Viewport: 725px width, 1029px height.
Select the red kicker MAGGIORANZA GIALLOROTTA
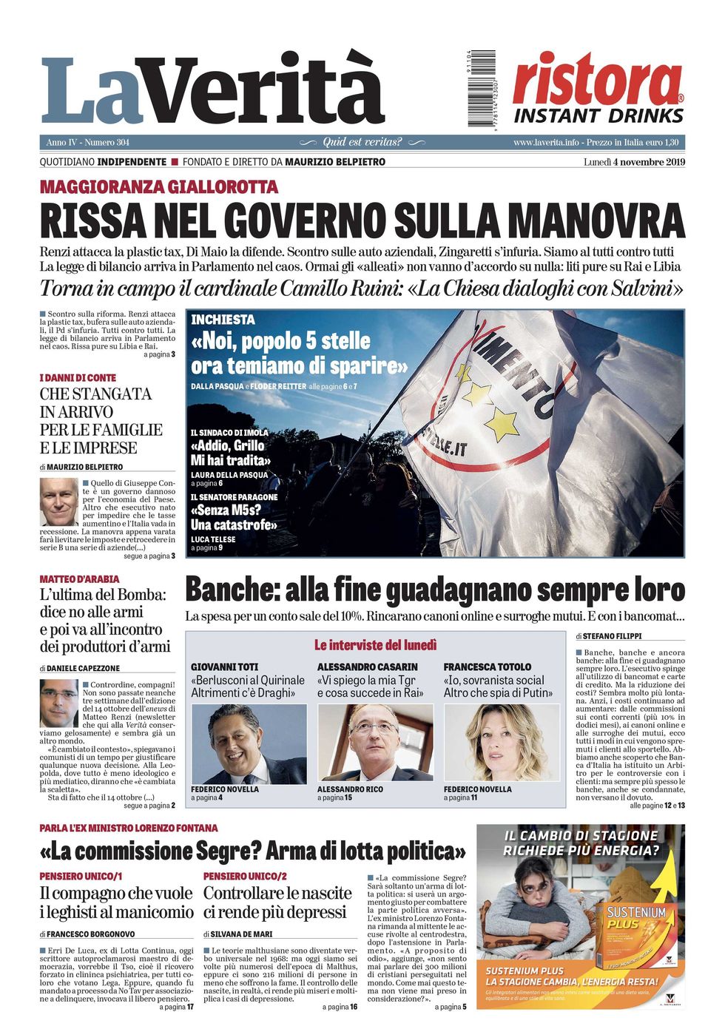click(x=159, y=186)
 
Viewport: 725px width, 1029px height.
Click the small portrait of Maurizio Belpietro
click(x=58, y=501)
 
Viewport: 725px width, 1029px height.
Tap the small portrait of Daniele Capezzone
click(x=58, y=703)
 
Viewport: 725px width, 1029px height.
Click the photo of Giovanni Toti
click(x=249, y=743)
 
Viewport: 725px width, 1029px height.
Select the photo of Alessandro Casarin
click(x=375, y=743)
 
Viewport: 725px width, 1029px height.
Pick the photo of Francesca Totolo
click(x=502, y=743)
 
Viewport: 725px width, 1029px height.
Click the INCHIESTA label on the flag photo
click(x=223, y=320)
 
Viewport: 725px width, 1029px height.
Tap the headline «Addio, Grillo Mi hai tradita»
click(x=230, y=453)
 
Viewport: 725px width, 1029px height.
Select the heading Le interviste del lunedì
click(x=375, y=645)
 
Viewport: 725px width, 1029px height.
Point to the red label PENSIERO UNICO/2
click(x=245, y=876)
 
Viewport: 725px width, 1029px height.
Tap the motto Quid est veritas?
click(x=362, y=142)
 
